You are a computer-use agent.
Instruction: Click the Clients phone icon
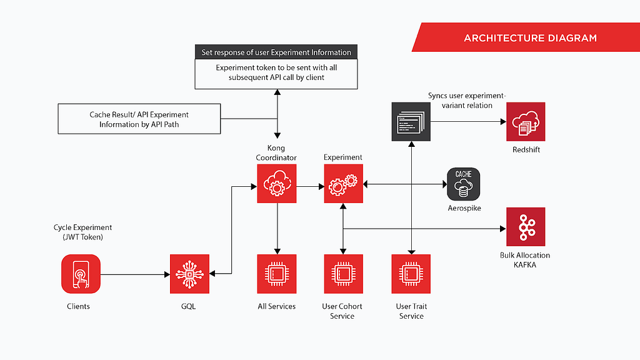pyautogui.click(x=81, y=274)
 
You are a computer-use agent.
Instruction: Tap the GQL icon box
pyautogui.click(x=189, y=274)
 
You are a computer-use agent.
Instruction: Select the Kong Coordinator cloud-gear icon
pyautogui.click(x=277, y=184)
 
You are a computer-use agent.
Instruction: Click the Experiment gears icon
pyautogui.click(x=343, y=184)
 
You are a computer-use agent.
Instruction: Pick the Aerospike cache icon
pyautogui.click(x=463, y=184)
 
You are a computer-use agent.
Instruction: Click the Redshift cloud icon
pyautogui.click(x=526, y=122)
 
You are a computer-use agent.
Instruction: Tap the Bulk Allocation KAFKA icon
pyautogui.click(x=526, y=227)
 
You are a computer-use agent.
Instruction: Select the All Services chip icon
pyautogui.click(x=277, y=274)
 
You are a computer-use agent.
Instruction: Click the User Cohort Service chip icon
pyautogui.click(x=343, y=274)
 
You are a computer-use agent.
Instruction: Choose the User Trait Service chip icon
pyautogui.click(x=411, y=274)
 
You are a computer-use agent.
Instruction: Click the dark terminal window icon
pyautogui.click(x=411, y=122)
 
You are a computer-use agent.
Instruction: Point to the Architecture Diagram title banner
pyautogui.click(x=526, y=37)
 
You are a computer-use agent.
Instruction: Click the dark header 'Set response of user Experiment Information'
pyautogui.click(x=276, y=52)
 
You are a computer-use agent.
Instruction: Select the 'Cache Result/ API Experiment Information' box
pyautogui.click(x=139, y=119)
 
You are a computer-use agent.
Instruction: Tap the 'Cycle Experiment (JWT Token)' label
pyautogui.click(x=82, y=232)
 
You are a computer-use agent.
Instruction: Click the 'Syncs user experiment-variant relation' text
pyautogui.click(x=467, y=101)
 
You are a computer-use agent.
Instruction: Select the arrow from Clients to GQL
pyautogui.click(x=135, y=274)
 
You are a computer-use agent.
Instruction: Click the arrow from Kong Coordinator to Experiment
pyautogui.click(x=310, y=186)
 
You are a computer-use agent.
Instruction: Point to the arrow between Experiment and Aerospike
pyautogui.click(x=405, y=184)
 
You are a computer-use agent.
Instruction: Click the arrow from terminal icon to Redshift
pyautogui.click(x=469, y=121)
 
